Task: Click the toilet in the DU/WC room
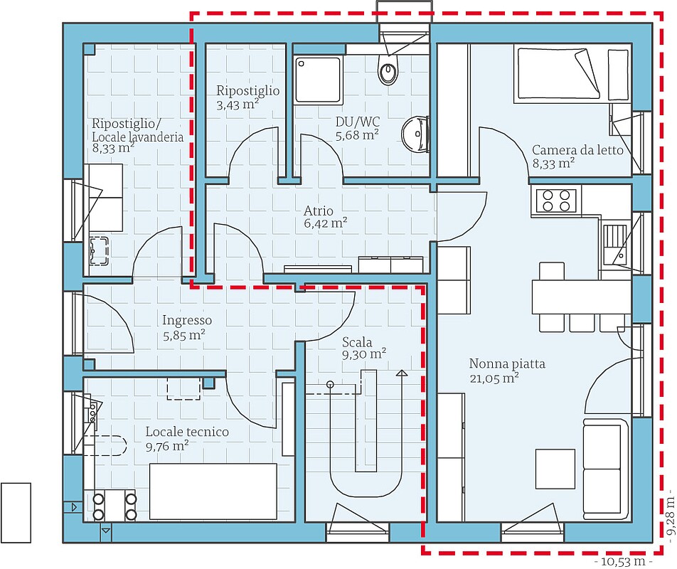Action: click(388, 70)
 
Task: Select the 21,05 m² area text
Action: click(494, 378)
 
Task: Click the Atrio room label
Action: click(319, 211)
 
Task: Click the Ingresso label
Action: click(186, 320)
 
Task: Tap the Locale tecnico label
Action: click(187, 432)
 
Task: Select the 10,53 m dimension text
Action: click(622, 562)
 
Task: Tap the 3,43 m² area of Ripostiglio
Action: click(238, 105)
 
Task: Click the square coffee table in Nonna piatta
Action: click(555, 467)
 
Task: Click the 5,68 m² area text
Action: click(357, 134)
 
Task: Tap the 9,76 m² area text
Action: click(167, 447)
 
